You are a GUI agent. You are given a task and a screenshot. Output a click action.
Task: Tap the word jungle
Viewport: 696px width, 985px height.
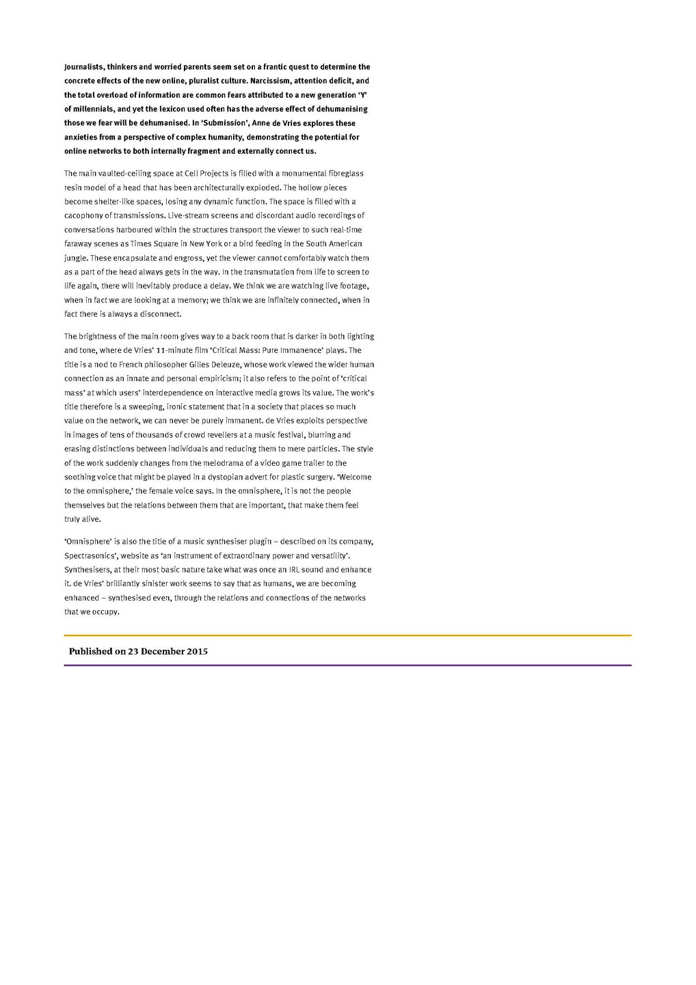(x=75, y=259)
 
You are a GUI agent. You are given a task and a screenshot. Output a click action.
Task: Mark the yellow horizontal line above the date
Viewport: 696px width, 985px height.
(x=347, y=635)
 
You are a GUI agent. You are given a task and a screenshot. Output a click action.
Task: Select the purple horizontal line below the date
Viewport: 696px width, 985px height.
(x=347, y=665)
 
